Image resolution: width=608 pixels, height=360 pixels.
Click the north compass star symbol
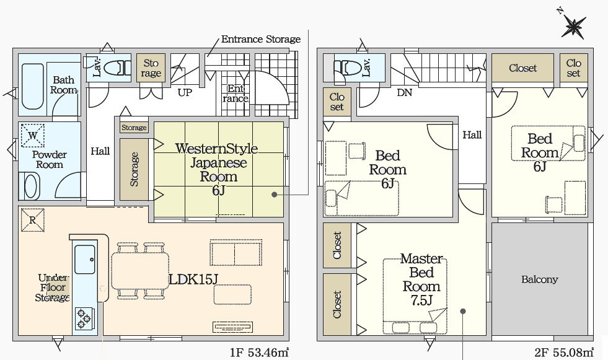(575, 27)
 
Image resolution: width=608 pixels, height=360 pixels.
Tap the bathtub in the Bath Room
(30, 87)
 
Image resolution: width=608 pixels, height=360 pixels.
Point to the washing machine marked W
(32, 134)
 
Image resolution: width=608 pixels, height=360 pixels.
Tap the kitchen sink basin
(85, 260)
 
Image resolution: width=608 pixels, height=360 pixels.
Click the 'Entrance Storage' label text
(261, 39)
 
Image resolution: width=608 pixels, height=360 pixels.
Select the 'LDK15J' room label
(193, 279)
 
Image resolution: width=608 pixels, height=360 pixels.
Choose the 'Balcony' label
(539, 279)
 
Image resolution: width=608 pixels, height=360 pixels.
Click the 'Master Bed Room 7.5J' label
(421, 279)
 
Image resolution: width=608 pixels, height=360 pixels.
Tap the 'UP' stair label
(184, 93)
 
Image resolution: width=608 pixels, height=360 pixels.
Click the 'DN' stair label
(404, 93)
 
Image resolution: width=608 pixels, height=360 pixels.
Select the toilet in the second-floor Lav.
(346, 66)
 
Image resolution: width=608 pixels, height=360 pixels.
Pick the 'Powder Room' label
(50, 159)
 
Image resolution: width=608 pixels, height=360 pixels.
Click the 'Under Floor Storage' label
(53, 288)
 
